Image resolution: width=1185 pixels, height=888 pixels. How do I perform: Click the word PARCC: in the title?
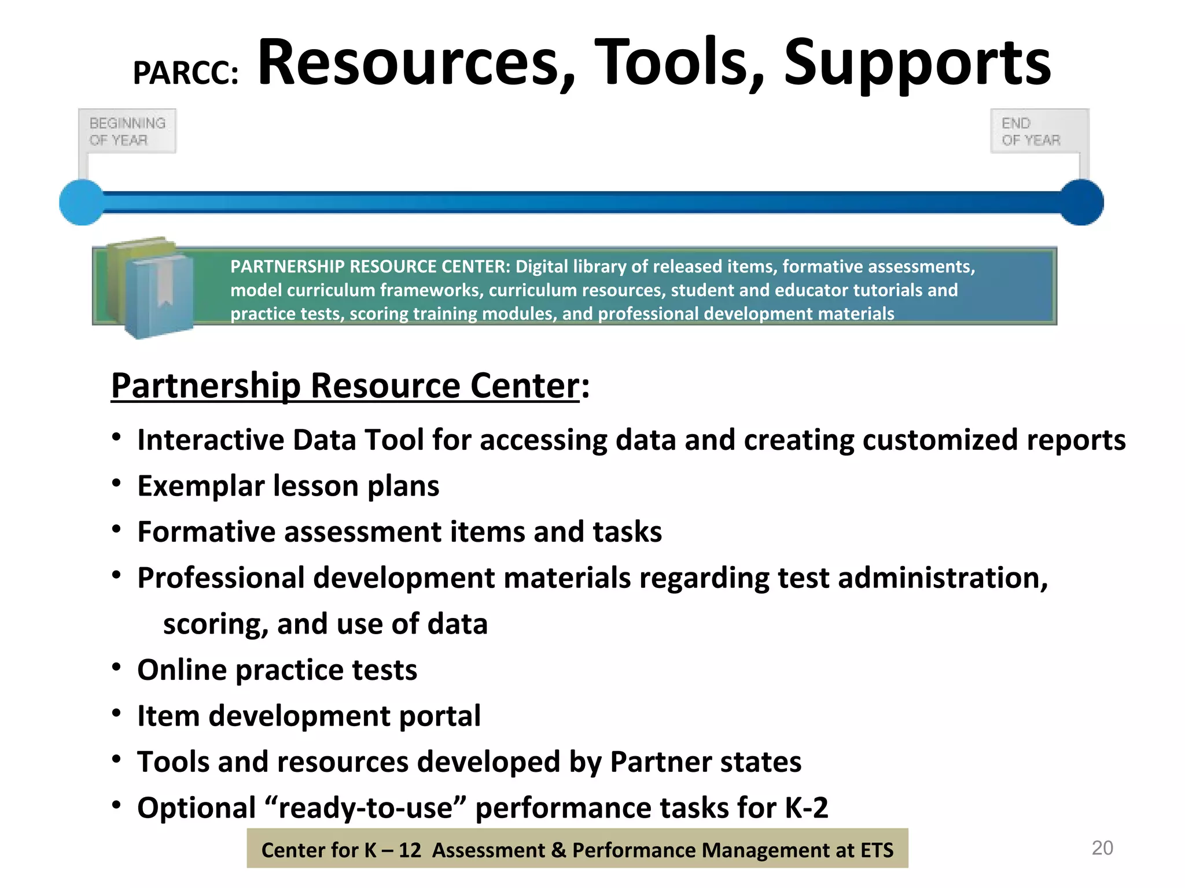click(x=185, y=73)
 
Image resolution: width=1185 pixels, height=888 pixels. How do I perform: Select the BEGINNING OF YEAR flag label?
click(x=127, y=131)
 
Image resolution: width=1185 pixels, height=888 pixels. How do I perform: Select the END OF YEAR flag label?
click(x=1031, y=131)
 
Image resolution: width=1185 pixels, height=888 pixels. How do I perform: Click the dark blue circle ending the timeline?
click(x=1081, y=202)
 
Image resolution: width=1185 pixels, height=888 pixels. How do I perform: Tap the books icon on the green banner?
click(x=150, y=286)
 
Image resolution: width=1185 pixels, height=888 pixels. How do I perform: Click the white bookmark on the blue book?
click(x=165, y=283)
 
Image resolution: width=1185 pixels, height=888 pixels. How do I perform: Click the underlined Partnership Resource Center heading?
click(x=345, y=386)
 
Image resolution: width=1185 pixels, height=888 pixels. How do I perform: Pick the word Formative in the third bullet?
click(x=206, y=532)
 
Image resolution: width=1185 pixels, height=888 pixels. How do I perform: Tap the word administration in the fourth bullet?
click(x=943, y=578)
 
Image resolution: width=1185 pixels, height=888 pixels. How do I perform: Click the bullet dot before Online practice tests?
click(x=117, y=668)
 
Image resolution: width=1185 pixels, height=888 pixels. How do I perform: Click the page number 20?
click(x=1102, y=848)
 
